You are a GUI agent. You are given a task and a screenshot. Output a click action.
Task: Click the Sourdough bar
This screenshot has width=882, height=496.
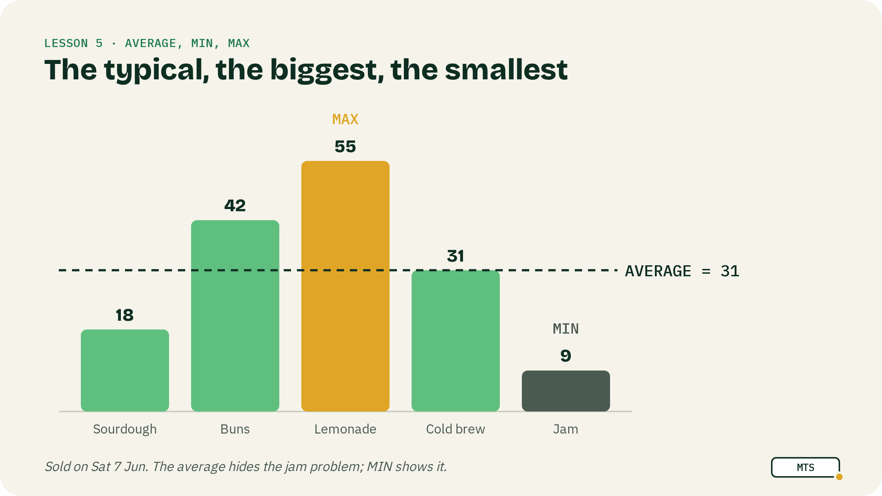coord(125,370)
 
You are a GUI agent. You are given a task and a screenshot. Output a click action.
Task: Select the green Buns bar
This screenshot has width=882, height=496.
coord(235,316)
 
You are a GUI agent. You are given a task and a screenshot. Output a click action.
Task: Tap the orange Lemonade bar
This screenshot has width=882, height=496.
coord(345,286)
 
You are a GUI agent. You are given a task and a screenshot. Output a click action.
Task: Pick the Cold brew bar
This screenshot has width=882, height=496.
coord(456,341)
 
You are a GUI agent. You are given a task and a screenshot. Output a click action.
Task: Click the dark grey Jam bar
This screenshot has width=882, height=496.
coord(566,391)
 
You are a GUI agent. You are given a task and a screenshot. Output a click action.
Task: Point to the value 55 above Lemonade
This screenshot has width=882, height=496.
coord(345,147)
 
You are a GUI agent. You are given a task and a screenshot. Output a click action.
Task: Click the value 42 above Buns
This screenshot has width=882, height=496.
coord(235,206)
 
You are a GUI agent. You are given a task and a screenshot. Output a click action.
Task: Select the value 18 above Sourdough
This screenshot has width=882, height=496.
coord(125,315)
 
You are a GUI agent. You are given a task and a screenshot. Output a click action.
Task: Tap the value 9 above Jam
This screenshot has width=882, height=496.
coord(566,356)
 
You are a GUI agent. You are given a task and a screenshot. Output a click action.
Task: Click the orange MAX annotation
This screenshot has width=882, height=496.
coord(345,119)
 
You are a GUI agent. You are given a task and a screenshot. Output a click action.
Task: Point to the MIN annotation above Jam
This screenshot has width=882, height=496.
coord(566,329)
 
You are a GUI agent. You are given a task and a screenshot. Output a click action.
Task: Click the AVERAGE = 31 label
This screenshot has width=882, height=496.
coord(682,271)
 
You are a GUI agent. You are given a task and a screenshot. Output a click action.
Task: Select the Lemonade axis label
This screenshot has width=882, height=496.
coord(345,429)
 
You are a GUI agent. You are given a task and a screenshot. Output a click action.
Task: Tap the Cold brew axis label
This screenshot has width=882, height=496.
coord(456,429)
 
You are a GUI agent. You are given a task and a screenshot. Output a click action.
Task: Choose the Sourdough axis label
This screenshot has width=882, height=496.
coord(125,429)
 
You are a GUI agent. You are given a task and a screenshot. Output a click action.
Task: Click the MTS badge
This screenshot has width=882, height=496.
coord(806,467)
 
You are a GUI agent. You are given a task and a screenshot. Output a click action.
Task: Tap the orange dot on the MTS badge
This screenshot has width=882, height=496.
coord(839,477)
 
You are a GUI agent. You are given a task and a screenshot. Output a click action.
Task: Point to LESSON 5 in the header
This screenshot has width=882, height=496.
coord(73,43)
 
